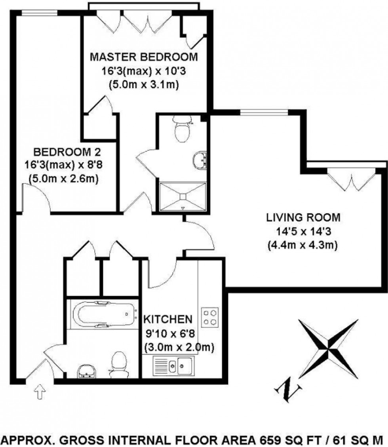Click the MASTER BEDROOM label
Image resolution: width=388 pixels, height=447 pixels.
tap(144, 57)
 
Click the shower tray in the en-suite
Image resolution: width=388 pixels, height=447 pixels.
tap(183, 196)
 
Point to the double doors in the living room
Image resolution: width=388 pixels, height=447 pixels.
tap(350, 180)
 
